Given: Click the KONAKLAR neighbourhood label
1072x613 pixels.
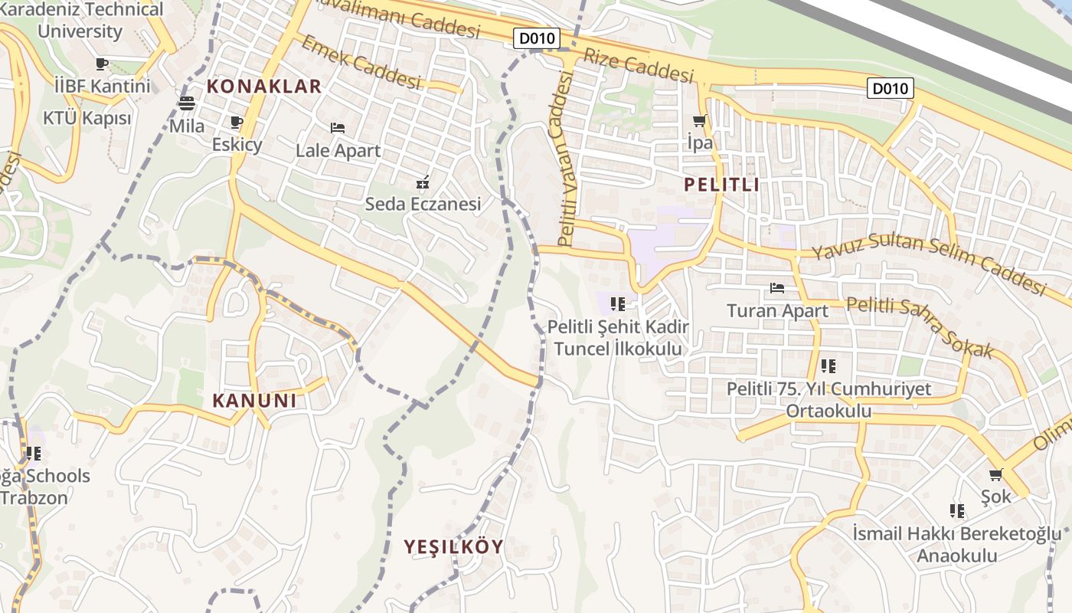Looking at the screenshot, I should [x=263, y=86].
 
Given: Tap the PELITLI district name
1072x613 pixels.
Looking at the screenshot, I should [x=721, y=184].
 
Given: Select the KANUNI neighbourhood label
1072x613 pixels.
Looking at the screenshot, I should [x=254, y=400].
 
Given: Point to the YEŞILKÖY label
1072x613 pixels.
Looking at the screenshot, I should [x=454, y=546].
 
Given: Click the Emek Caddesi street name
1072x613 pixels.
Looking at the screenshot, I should [x=361, y=61].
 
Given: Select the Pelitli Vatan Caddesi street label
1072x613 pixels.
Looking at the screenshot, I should [x=566, y=159].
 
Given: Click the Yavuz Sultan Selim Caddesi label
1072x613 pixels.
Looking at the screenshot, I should [x=928, y=265].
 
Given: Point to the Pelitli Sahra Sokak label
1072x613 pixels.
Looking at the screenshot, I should [x=919, y=326].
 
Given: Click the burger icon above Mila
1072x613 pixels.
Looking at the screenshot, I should [x=187, y=103].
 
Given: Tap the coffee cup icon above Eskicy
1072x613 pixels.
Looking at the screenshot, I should [x=237, y=123].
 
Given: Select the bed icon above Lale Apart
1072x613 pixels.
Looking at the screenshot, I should [x=338, y=128].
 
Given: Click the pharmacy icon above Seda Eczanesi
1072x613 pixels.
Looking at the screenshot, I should [x=422, y=182].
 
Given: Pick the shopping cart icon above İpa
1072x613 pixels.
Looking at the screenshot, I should [x=699, y=121].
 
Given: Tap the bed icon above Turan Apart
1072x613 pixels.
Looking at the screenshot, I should [x=777, y=289].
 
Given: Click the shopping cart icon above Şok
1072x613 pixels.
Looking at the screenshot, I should [x=995, y=475].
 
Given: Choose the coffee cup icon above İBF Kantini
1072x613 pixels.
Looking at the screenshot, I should [x=102, y=64].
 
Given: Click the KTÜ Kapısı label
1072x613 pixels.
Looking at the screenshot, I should [x=87, y=118].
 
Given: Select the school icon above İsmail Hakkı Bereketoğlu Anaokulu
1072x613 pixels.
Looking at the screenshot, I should [x=957, y=511].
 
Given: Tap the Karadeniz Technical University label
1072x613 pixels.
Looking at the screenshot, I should [x=80, y=21].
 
